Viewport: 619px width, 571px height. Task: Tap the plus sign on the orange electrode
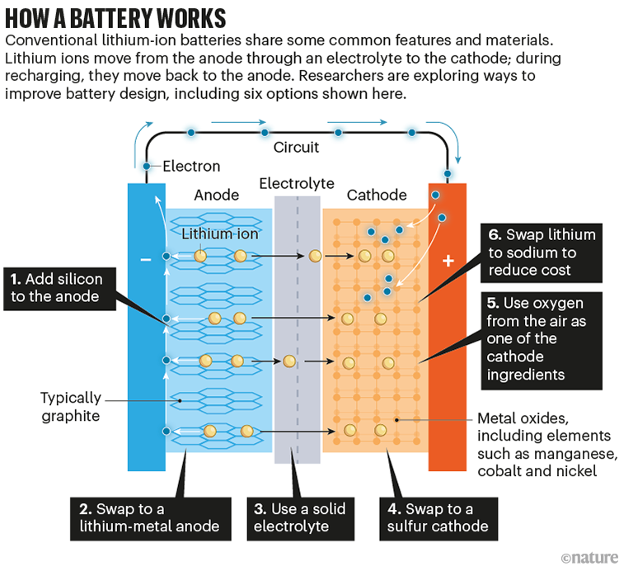point(448,261)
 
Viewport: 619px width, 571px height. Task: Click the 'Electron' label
point(191,166)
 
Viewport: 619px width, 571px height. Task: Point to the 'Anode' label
point(217,196)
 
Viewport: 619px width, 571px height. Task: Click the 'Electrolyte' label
point(297,183)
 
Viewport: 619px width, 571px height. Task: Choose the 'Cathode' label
point(377,196)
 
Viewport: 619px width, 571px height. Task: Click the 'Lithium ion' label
point(219,234)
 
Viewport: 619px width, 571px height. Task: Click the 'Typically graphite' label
point(70,407)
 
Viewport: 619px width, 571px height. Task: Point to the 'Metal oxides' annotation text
point(545,444)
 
